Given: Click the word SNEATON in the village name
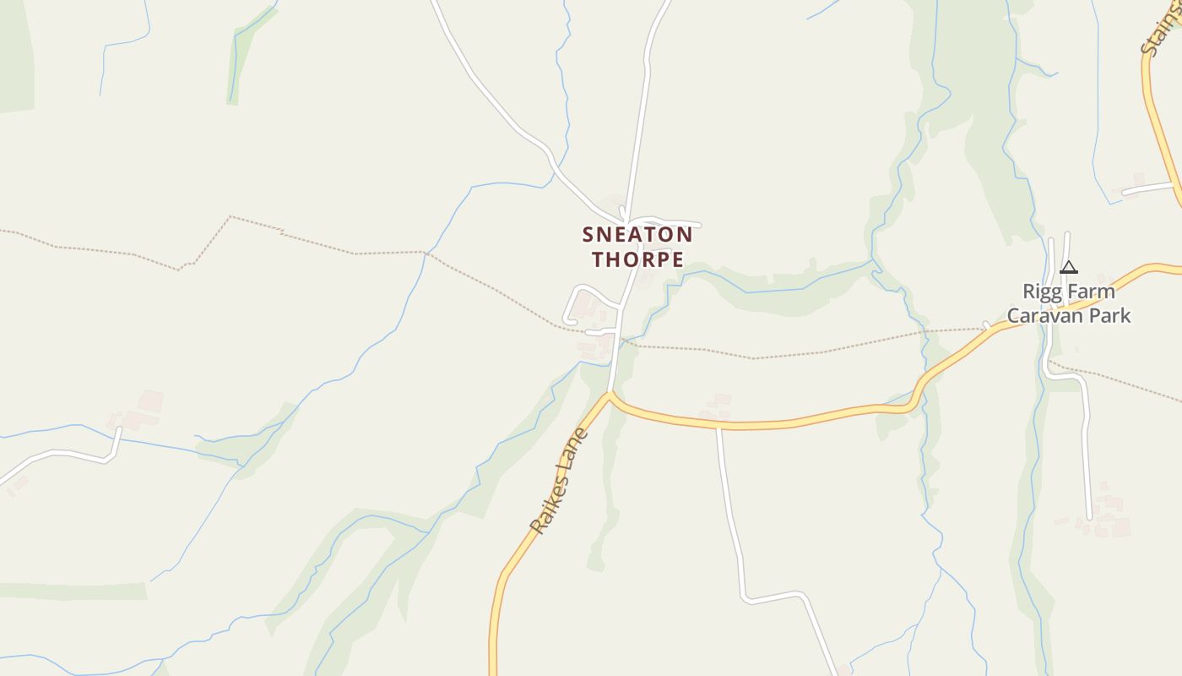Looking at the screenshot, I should pos(637,234).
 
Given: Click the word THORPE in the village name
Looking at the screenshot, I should pos(637,259).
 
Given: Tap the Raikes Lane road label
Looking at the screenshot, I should pos(558,481).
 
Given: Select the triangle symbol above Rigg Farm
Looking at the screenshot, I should pos(1069,268).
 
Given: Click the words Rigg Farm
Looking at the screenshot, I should pos(1068,292).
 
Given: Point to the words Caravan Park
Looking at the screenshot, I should pos(1068,316).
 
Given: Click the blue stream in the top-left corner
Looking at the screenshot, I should pos(127,42).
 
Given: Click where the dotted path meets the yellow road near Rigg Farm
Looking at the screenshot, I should pos(985,328).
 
